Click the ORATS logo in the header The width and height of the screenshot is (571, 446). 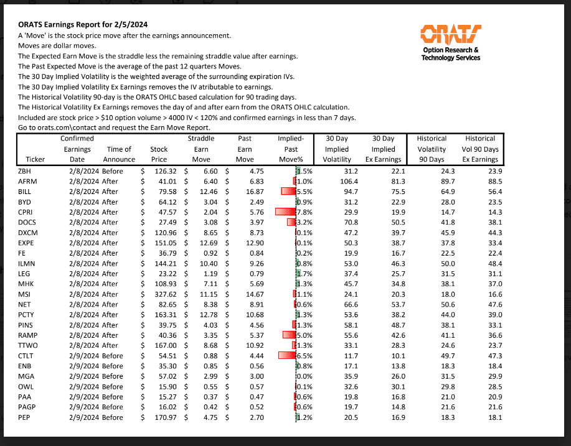pyautogui.click(x=450, y=35)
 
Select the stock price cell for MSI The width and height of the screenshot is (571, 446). pyautogui.click(x=163, y=294)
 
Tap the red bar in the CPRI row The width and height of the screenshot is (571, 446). pyautogui.click(x=285, y=212)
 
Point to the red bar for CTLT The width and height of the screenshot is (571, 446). pyautogui.click(x=286, y=356)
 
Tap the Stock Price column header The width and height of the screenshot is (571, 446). pyautogui.click(x=159, y=154)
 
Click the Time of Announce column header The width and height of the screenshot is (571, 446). pyautogui.click(x=119, y=154)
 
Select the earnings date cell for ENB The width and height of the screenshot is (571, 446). pyautogui.click(x=78, y=366)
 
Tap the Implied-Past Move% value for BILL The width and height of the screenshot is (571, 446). pyautogui.click(x=302, y=192)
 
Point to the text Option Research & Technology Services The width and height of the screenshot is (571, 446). pyautogui.click(x=450, y=54)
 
